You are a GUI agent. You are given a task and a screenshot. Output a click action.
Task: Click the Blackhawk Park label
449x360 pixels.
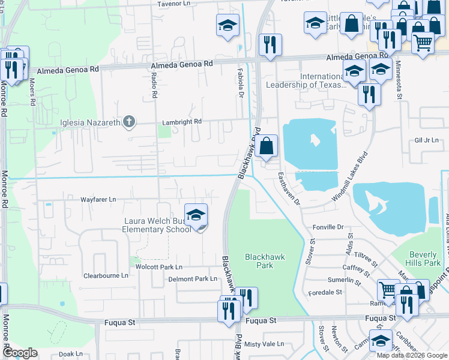[265, 260]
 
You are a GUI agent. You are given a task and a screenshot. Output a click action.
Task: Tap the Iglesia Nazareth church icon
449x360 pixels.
[128, 123]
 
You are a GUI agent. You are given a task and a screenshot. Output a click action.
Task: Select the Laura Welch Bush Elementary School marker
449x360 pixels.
[196, 216]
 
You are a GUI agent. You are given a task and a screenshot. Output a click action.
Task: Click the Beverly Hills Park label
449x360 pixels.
[424, 258]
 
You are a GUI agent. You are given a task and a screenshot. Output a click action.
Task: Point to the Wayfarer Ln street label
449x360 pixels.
[98, 199]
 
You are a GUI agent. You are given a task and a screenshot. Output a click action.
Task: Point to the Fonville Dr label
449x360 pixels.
[328, 227]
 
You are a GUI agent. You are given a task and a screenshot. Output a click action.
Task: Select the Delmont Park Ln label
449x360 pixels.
[193, 279]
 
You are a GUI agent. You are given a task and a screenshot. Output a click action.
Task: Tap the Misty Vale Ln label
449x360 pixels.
[264, 344]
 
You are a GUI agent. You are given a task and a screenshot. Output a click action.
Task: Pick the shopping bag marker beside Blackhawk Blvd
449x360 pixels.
[267, 146]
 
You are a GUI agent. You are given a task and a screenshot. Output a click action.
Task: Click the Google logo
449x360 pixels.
[20, 353]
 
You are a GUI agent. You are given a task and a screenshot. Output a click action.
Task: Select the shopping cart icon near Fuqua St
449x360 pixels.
[388, 290]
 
